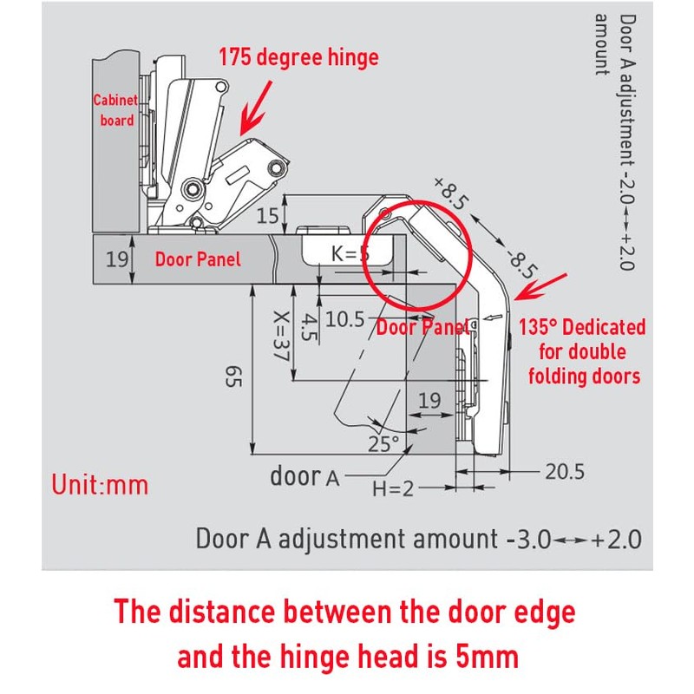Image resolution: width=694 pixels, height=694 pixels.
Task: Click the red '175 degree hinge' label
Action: click(298, 58)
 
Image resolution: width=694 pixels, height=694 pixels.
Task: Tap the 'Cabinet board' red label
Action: click(116, 110)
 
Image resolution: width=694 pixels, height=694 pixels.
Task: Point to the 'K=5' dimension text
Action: click(352, 253)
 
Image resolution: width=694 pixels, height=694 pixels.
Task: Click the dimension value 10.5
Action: click(344, 320)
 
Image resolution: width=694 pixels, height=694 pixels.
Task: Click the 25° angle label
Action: click(383, 443)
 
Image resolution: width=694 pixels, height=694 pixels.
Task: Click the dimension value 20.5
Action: click(565, 472)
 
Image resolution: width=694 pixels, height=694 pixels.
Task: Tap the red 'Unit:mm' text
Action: click(100, 483)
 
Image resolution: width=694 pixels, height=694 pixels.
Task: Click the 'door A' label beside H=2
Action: click(304, 476)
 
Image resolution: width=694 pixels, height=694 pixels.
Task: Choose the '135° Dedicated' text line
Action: click(582, 328)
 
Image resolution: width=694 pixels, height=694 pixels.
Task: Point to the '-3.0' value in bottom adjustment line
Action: click(527, 539)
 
